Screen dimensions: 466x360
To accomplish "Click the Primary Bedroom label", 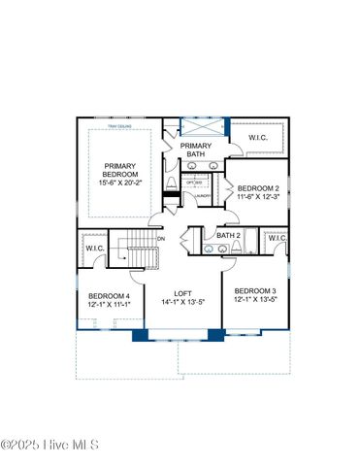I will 120,171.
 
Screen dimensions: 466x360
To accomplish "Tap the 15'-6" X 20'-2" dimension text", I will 120,185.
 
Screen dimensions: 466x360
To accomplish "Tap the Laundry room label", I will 203,197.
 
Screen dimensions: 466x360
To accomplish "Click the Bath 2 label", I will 228,235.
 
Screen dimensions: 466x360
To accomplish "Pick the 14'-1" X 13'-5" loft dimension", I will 183,302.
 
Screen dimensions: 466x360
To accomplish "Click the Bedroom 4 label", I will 108,296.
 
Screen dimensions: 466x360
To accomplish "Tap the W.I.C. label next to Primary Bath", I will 257,138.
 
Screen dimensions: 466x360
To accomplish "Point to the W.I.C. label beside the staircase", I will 94,249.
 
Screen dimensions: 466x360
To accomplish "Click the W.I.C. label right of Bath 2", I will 277,238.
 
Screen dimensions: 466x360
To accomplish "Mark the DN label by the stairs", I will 161,239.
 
